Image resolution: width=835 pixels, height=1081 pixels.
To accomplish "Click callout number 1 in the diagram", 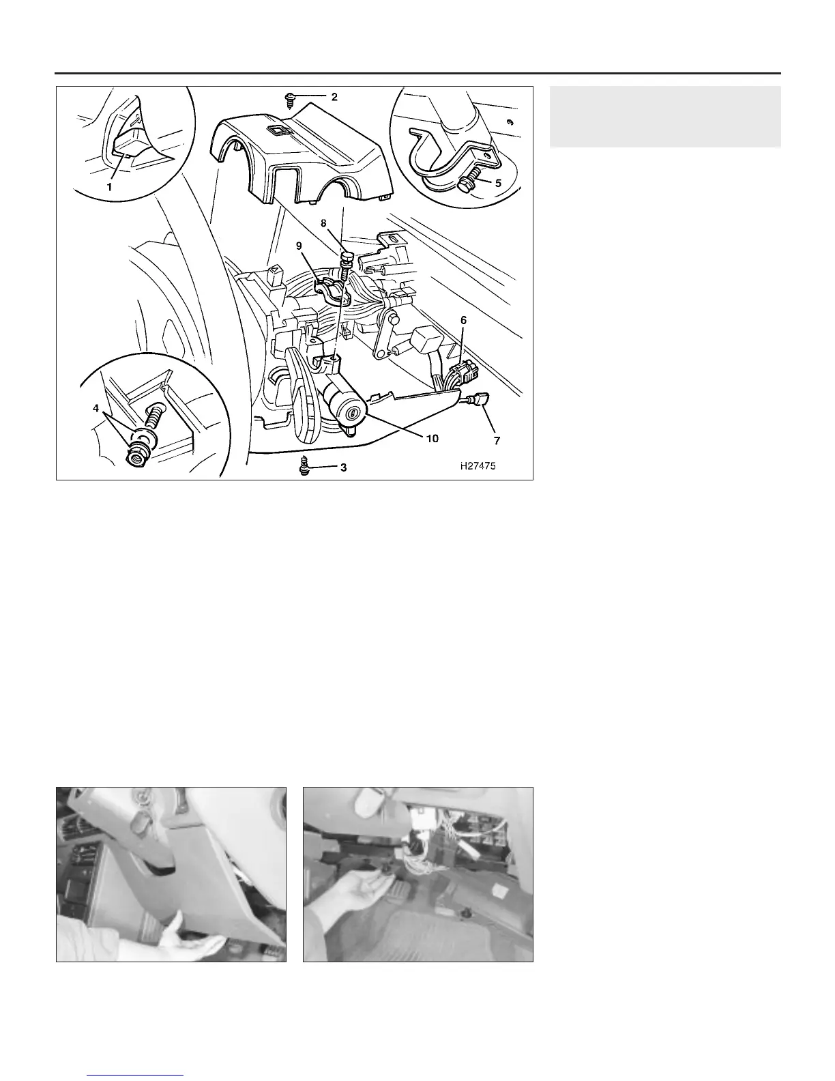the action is point(109,187).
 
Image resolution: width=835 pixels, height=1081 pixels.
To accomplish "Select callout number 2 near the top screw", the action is point(334,97).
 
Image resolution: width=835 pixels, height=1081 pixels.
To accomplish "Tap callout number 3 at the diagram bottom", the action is point(343,467).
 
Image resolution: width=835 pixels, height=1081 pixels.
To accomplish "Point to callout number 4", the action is point(96,408).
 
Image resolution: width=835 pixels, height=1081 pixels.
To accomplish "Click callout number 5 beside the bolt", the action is point(498,183).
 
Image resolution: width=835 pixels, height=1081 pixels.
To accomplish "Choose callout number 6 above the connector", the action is point(463,320).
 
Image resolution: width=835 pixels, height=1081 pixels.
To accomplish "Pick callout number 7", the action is point(497,440).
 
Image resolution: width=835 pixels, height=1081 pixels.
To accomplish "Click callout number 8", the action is point(323,223).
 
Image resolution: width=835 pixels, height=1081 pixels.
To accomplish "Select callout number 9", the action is point(299,246).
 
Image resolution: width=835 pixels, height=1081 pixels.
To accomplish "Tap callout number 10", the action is point(433,438).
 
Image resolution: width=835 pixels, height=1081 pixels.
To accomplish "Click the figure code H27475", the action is point(478,466).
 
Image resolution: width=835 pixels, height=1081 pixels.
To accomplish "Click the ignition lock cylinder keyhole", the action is point(353,412).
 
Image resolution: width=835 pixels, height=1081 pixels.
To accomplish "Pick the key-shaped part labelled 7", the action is point(478,399).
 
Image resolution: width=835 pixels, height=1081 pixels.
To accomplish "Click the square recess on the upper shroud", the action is point(276,130).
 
